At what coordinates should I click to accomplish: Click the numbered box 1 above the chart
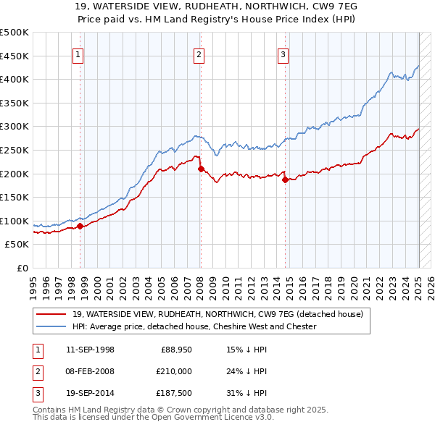[78, 54]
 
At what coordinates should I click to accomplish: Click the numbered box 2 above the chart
[199, 54]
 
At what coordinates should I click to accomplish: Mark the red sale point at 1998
[80, 226]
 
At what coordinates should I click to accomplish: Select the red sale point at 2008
[201, 169]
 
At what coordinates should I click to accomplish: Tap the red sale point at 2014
[286, 179]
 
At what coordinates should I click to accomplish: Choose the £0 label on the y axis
[22, 268]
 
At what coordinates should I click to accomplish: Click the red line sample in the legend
[51, 314]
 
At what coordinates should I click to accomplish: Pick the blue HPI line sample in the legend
[51, 326]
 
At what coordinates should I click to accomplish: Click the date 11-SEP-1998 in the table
[90, 350]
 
